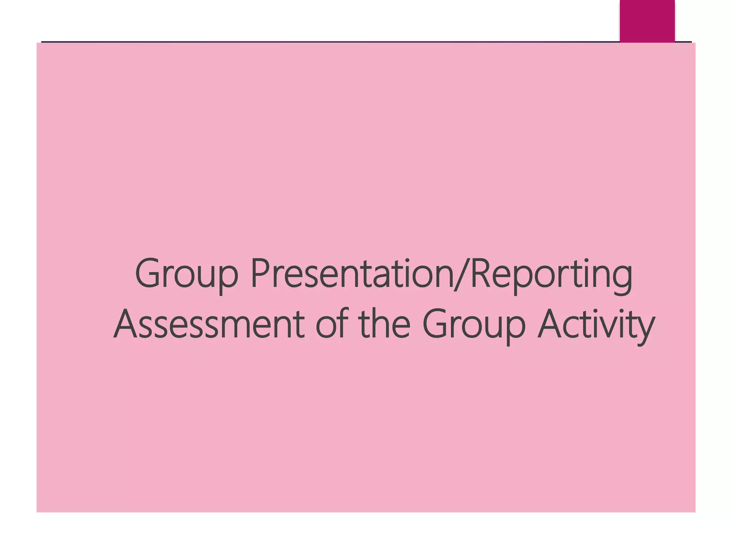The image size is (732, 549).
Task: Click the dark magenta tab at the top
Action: click(647, 21)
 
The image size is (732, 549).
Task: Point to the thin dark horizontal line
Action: click(322, 42)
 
